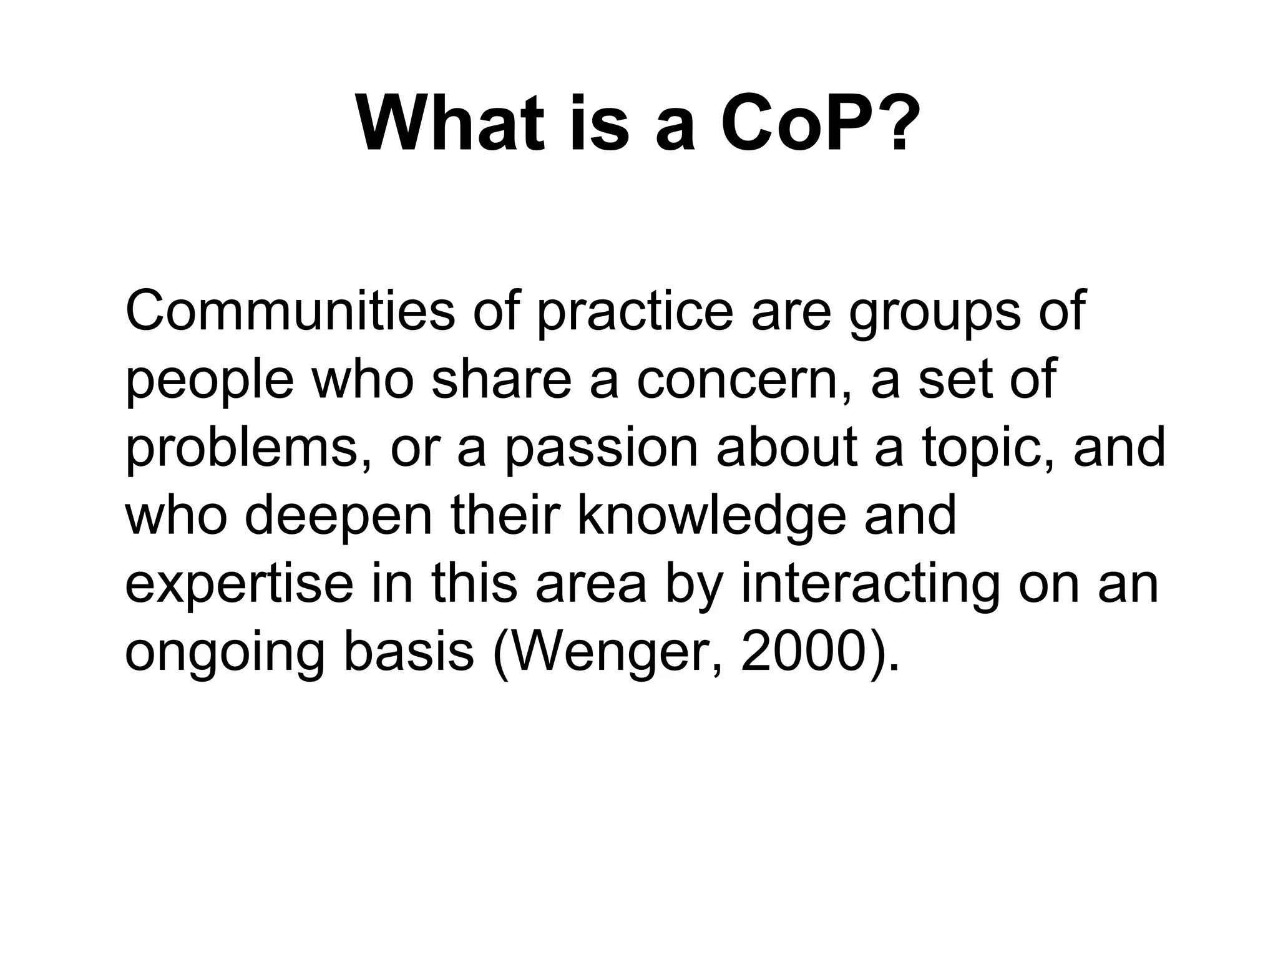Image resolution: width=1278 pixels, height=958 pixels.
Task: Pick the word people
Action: point(210,380)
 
